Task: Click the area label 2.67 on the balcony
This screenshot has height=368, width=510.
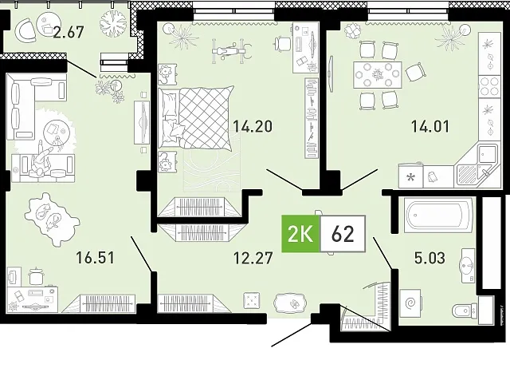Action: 69,32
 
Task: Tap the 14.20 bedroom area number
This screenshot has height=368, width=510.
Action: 253,126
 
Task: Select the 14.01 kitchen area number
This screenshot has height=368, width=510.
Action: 430,126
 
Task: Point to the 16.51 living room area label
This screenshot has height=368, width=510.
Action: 95,257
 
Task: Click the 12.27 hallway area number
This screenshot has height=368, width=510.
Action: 253,258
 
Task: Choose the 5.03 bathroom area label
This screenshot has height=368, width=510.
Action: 430,258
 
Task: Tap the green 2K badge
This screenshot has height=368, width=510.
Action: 300,234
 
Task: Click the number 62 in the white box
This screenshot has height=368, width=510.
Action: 343,234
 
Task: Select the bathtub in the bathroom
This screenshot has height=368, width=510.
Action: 438,215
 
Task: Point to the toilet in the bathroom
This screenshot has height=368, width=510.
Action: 465,311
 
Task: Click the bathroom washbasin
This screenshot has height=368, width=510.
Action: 468,265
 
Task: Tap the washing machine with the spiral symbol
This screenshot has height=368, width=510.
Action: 411,303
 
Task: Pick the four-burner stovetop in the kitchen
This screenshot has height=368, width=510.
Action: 489,85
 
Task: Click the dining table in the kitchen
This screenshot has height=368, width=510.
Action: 377,74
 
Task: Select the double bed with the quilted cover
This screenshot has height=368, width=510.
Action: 197,117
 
